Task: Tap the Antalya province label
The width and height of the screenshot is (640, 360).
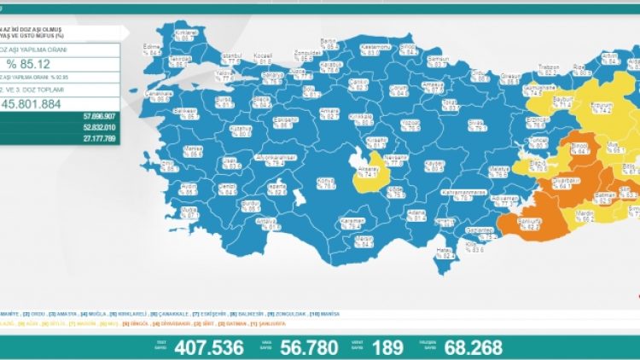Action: pos(271,224)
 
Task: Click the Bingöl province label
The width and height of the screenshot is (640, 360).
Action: pos(579,148)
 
